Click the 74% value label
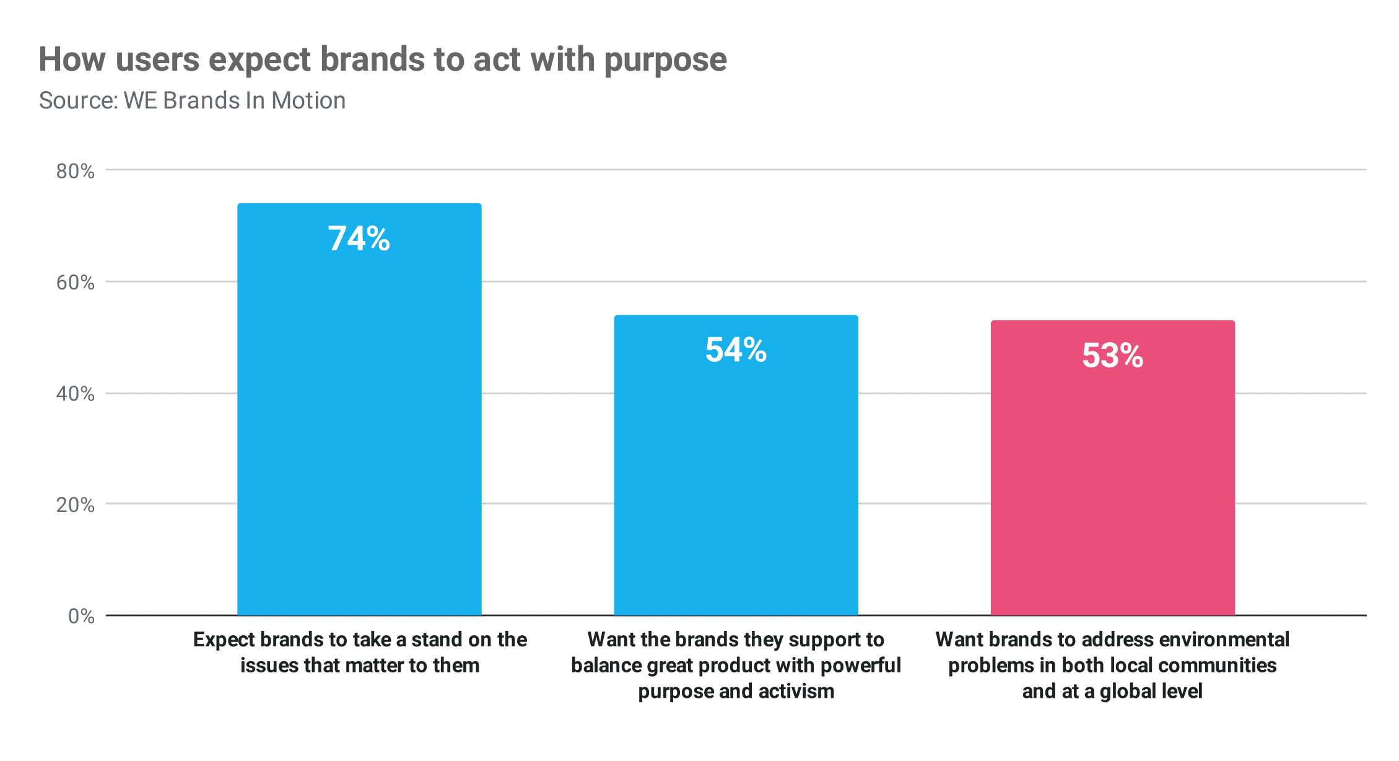(359, 239)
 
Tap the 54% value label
(736, 350)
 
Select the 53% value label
(1112, 356)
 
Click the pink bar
(1112, 483)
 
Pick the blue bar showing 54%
(736, 483)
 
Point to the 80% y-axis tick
(75, 171)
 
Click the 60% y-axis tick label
(75, 283)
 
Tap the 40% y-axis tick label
(75, 394)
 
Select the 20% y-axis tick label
(75, 505)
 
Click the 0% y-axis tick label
(81, 616)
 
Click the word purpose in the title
(665, 60)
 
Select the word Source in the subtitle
(77, 100)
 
